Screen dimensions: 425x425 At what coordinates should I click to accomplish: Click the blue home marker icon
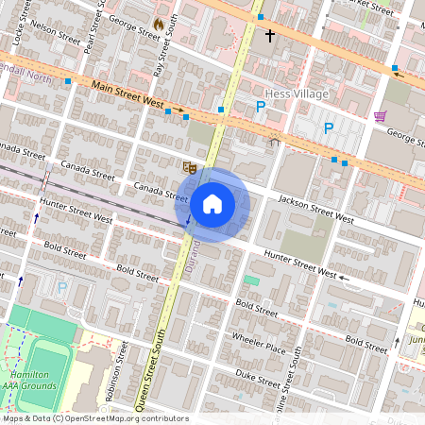pos(212,204)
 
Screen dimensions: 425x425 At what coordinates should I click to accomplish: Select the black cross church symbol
pos(269,36)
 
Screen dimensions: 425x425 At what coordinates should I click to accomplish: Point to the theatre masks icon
pos(189,166)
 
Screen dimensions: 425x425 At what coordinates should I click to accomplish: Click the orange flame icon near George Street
pos(158,22)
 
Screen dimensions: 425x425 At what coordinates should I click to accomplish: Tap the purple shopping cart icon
pos(380,117)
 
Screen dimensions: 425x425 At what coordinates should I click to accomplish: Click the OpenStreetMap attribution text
pos(94,418)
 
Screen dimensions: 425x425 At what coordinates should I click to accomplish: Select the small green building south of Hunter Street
pos(250,280)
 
